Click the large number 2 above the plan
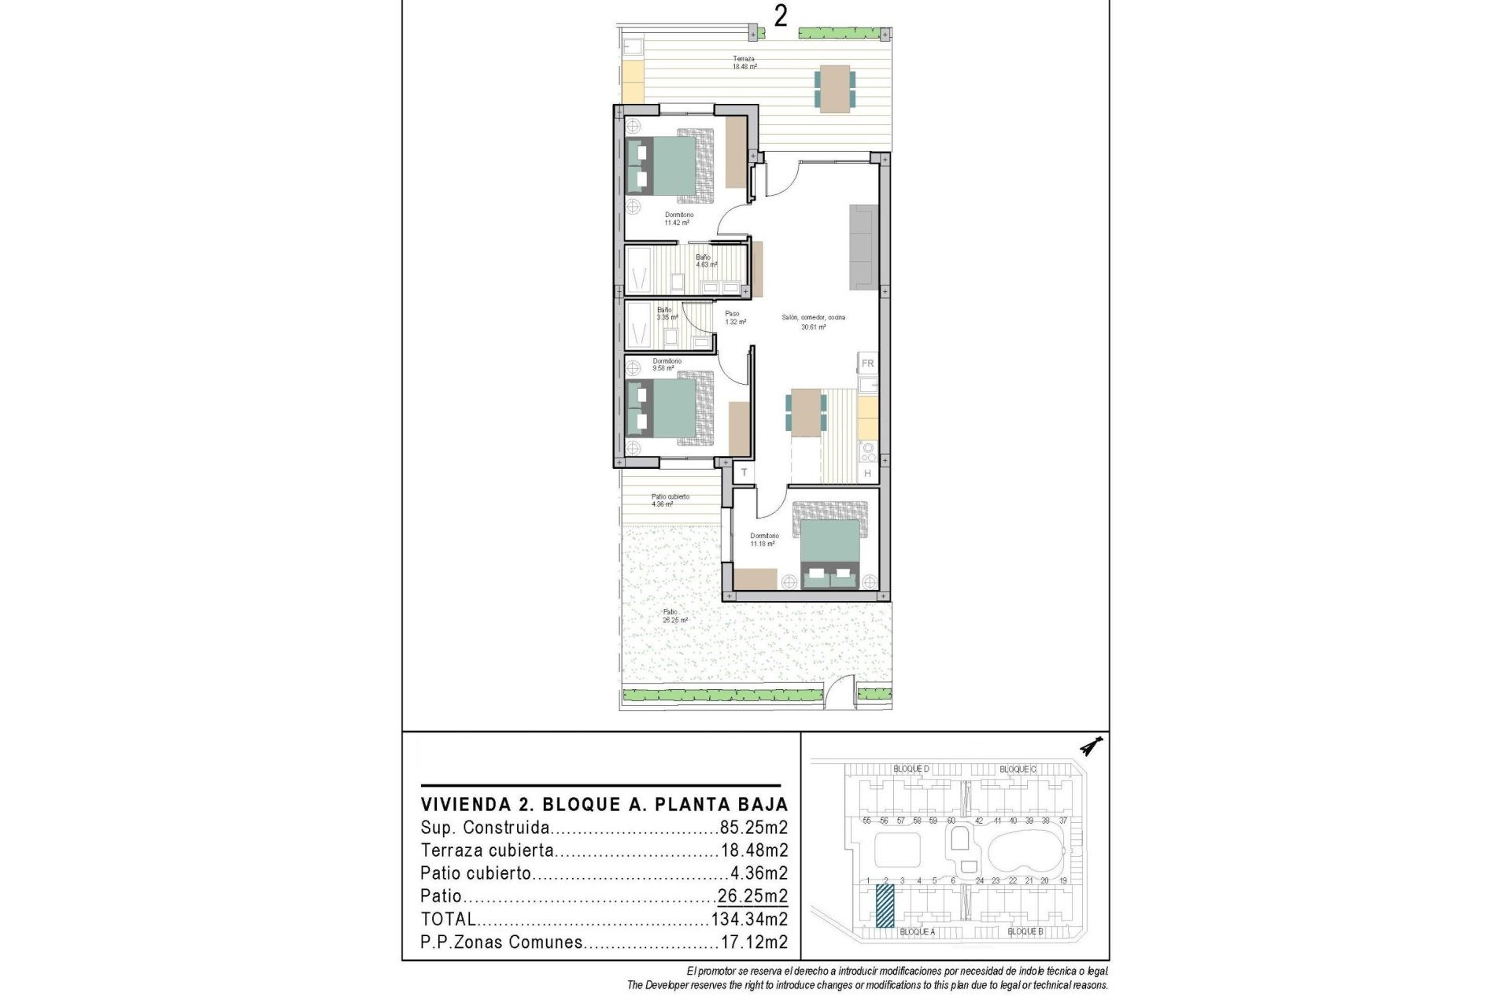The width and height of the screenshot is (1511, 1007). click(x=780, y=16)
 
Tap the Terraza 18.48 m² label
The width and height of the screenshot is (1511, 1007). click(x=744, y=63)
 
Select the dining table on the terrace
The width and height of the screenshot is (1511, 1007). click(x=834, y=87)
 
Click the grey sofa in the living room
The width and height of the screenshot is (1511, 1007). click(x=863, y=247)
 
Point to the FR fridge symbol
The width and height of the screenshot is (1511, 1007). click(x=867, y=363)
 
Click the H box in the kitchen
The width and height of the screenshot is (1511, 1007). click(x=867, y=474)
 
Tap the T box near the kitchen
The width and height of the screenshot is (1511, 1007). click(x=744, y=473)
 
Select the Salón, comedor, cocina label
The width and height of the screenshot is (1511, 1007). click(x=813, y=322)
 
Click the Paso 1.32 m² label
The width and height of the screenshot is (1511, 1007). click(x=734, y=318)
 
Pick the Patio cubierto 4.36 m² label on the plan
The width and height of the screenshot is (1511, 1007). click(x=670, y=500)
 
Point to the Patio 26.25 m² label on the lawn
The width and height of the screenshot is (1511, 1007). click(x=674, y=616)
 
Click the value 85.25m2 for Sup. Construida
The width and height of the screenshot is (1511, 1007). click(x=753, y=828)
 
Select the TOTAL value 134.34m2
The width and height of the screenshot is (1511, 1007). click(x=749, y=919)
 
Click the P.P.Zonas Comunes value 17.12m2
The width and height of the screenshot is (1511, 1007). click(x=753, y=942)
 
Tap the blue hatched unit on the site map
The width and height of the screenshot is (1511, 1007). click(x=885, y=906)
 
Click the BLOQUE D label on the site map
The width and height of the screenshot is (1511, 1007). click(x=911, y=769)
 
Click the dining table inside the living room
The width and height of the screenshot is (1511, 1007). click(x=806, y=412)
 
